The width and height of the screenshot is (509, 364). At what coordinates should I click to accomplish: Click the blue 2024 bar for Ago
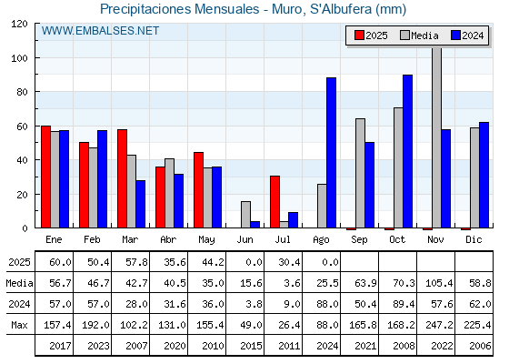pyautogui.click(x=331, y=153)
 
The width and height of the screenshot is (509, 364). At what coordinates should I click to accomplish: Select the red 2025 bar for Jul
pyautogui.click(x=274, y=202)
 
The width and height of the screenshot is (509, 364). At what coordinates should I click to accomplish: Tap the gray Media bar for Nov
pyautogui.click(x=436, y=137)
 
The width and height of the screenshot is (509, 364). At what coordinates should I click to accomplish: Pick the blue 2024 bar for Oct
pyautogui.click(x=407, y=151)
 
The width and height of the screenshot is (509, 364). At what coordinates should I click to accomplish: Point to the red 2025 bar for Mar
pyautogui.click(x=122, y=178)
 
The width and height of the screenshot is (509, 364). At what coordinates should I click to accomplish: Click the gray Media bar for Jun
pyautogui.click(x=245, y=215)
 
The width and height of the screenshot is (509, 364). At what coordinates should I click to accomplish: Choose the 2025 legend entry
pyautogui.click(x=371, y=35)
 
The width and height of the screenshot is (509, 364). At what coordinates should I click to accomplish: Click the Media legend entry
pyautogui.click(x=419, y=35)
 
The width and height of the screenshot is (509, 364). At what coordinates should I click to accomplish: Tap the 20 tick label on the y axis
pyautogui.click(x=23, y=195)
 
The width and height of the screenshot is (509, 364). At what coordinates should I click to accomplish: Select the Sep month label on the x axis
pyautogui.click(x=359, y=240)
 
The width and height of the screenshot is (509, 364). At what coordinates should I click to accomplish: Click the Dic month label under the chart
pyautogui.click(x=474, y=240)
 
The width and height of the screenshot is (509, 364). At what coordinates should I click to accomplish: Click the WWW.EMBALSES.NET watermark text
pyautogui.click(x=100, y=31)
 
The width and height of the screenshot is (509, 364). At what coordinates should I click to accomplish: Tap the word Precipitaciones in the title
pyautogui.click(x=145, y=9)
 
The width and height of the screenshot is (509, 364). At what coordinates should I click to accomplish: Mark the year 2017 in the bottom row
pyautogui.click(x=60, y=346)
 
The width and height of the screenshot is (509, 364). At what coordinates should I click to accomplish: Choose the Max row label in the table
pyautogui.click(x=19, y=325)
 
